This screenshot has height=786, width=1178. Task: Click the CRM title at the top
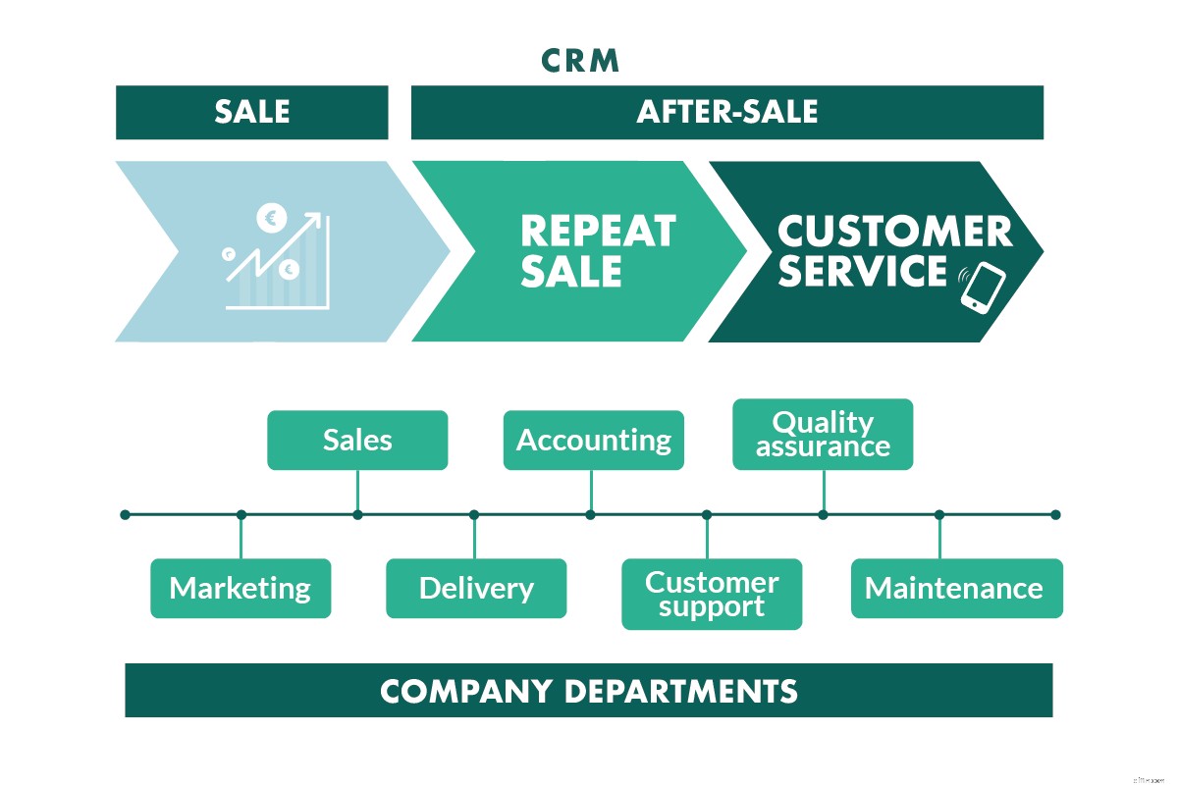[x=581, y=61]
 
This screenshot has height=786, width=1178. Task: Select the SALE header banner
[x=252, y=112]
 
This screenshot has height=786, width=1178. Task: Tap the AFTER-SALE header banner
[x=726, y=112]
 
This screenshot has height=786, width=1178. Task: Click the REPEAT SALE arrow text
[x=598, y=251]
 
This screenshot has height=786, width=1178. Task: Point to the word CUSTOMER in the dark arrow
[x=894, y=233]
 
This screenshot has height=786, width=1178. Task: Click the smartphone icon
[x=984, y=286]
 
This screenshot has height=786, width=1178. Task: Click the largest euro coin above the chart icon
[x=270, y=218]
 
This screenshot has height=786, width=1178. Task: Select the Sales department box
[x=357, y=440]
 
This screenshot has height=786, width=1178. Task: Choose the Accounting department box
[x=593, y=440]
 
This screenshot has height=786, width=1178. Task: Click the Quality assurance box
[x=823, y=434]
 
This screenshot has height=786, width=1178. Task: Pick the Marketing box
[x=241, y=588]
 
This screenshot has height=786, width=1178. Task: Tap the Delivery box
[x=476, y=588]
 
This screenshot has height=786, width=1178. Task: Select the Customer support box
[x=712, y=594]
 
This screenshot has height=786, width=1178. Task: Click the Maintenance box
[x=956, y=588]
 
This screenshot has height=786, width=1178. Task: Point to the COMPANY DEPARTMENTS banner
[x=589, y=690]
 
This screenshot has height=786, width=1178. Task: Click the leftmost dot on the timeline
[x=125, y=514]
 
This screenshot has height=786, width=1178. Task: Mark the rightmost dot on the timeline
[x=1055, y=514]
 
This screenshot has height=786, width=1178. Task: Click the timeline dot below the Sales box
[x=357, y=514]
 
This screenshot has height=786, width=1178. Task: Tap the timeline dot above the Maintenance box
[x=939, y=514]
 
